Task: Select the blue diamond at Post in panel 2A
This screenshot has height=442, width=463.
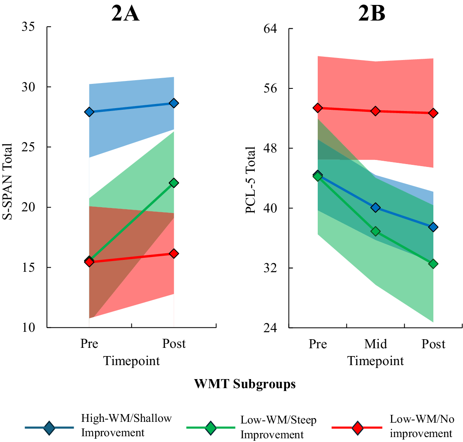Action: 174,103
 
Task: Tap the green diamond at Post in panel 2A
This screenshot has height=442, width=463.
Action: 174,183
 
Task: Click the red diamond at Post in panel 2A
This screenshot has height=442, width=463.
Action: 174,254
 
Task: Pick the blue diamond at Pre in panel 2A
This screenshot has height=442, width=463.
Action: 89,112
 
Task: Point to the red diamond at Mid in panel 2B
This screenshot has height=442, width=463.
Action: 375,111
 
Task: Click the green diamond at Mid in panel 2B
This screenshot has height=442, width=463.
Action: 375,231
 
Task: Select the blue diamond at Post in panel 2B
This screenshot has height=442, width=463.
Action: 433,227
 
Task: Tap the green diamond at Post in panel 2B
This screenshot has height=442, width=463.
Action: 433,264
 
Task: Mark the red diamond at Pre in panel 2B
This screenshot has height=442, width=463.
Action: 317,108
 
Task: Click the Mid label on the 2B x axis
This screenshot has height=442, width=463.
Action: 375,344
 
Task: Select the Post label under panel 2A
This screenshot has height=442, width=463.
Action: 174,344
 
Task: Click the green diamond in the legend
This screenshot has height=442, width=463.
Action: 210,428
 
